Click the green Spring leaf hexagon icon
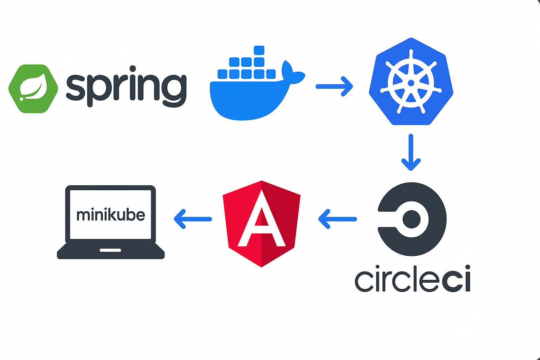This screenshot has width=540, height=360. pos(33,89)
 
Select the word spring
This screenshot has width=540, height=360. pos(126,86)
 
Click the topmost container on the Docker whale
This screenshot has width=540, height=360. pos(259,50)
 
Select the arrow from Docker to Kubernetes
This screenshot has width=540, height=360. pos(334,86)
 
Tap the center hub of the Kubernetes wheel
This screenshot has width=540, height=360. pos(411,83)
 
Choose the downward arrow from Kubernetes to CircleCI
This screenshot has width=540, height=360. pos(411,152)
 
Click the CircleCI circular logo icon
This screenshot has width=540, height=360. pos(412,219)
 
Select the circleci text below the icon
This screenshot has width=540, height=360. pos(412,279)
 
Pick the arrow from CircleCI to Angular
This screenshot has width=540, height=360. pos(337,219)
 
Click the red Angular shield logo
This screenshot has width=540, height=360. pos(262,224)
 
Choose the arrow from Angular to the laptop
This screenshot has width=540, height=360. pos(193,219)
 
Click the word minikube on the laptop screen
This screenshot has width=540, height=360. pos(110,214)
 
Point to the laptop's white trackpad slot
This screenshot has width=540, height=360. pos(110,250)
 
